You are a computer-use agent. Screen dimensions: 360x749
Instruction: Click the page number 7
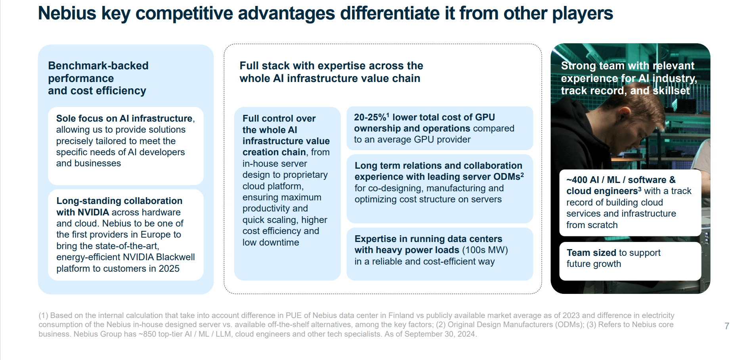(x=727, y=326)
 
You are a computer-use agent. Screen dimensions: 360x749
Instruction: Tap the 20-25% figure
(x=370, y=117)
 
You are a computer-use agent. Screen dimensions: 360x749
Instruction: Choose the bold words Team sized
(x=591, y=253)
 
